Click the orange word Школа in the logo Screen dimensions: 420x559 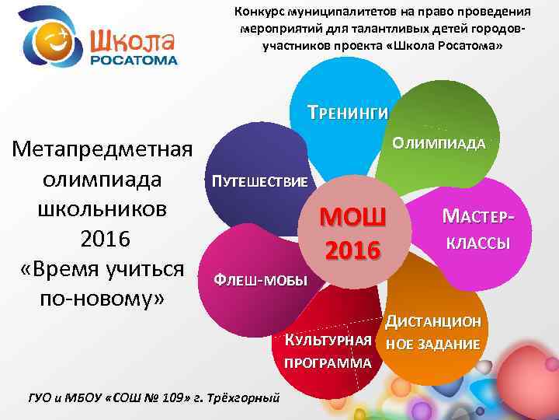[x=133, y=40]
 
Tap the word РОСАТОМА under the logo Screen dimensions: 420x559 [x=134, y=61]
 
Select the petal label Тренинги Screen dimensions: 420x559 [x=346, y=112]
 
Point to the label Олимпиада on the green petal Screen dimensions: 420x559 [x=439, y=144]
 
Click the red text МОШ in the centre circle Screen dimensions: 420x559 [x=353, y=216]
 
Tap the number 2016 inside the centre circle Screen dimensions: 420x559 [x=353, y=250]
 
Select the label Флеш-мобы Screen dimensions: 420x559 [x=261, y=280]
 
